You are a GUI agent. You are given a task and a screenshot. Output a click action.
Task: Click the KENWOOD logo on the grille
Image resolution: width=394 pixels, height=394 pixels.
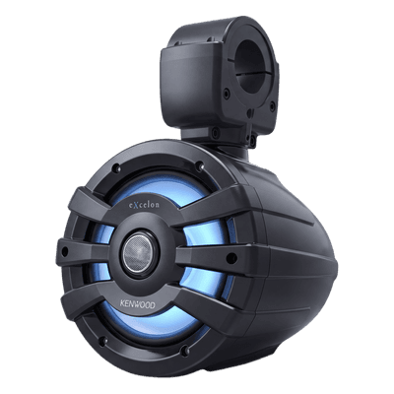[x=137, y=304]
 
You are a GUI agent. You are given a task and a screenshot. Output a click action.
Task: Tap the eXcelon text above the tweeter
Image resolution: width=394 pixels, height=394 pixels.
[x=143, y=204]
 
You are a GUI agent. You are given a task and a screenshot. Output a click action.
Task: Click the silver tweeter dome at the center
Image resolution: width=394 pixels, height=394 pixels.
[x=140, y=253]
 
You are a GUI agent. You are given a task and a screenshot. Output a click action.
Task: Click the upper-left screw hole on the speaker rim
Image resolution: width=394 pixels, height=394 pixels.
[x=116, y=168]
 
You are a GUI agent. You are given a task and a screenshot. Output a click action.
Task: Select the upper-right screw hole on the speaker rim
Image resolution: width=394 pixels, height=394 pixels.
[x=199, y=166]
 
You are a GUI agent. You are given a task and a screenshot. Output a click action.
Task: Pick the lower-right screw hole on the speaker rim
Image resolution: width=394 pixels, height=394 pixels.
[x=185, y=350]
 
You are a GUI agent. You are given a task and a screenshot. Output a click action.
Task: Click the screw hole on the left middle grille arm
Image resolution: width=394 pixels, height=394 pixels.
[x=65, y=252]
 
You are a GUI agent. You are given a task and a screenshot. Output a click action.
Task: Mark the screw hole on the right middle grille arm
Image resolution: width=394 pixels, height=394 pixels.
[x=231, y=258]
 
